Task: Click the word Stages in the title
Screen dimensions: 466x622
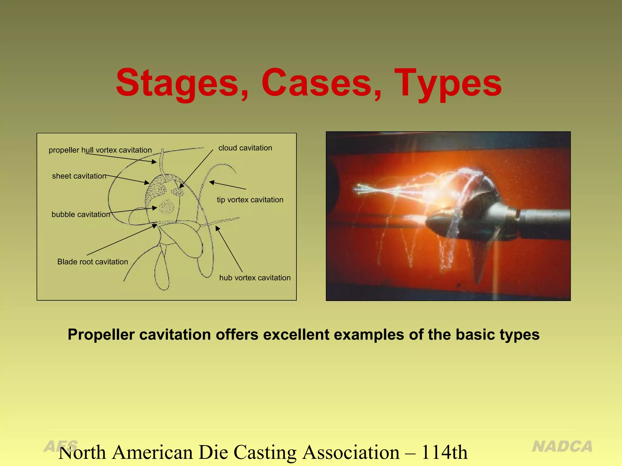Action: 182,83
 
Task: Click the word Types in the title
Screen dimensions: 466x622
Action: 448,83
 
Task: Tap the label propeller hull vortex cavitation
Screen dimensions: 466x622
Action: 100,150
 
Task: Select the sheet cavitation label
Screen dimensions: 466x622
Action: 79,176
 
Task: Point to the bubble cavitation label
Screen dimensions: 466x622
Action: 81,214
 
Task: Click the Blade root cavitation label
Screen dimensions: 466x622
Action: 93,262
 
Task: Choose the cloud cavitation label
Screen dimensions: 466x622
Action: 245,148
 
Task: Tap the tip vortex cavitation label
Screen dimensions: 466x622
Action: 250,200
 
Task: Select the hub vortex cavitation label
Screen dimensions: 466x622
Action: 255,278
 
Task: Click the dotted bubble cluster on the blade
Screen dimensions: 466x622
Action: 166,207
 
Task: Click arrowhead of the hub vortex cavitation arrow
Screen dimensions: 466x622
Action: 217,228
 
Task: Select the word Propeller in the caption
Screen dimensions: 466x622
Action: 101,335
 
